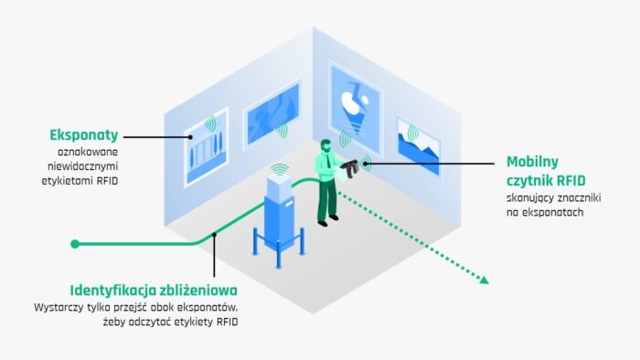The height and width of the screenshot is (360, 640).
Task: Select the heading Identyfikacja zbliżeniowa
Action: (x=141, y=287)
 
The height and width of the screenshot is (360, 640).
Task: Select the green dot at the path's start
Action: (x=76, y=244)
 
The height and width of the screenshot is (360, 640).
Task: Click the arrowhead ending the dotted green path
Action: (x=484, y=280)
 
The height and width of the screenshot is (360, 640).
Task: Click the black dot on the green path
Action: (x=214, y=235)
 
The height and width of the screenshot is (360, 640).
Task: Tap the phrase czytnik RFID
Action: (x=541, y=177)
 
